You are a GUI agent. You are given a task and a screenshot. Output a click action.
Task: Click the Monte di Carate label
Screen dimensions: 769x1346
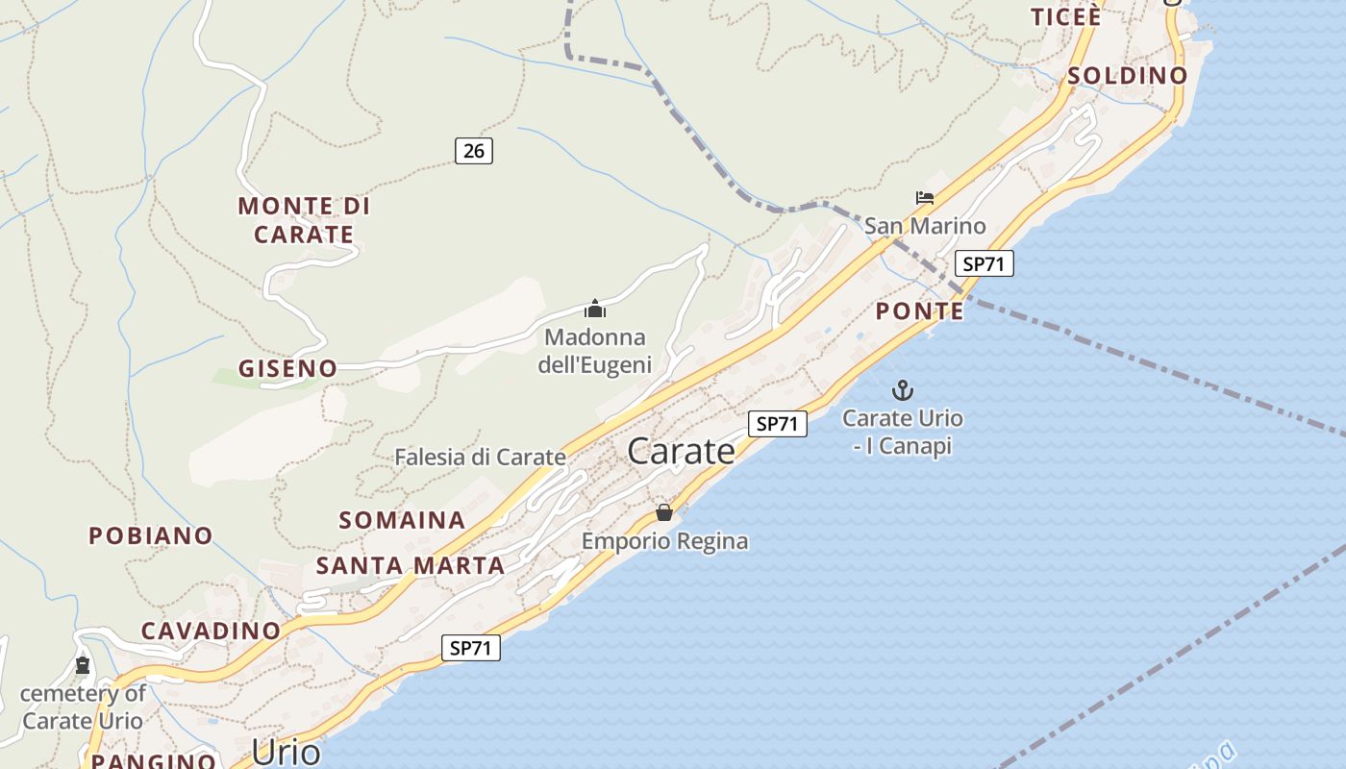304,220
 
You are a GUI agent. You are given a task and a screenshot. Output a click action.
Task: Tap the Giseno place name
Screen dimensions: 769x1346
288,368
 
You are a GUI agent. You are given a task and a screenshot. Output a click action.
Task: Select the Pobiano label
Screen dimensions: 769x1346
151,535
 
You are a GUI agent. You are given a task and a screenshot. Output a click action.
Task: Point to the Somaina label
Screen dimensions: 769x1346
402,520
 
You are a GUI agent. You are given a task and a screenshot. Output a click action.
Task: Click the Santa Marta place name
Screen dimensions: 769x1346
411,566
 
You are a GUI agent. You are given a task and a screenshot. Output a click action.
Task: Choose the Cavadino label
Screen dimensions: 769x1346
211,631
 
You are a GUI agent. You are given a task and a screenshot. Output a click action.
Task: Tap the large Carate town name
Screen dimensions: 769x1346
681,451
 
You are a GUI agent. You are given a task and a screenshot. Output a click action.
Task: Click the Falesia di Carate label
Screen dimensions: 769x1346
480,458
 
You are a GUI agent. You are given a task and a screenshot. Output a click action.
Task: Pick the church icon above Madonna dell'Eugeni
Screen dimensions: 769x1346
595,310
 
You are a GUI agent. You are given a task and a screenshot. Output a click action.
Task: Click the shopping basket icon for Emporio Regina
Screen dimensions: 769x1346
664,512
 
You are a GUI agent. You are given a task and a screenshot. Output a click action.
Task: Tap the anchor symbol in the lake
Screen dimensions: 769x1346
902,390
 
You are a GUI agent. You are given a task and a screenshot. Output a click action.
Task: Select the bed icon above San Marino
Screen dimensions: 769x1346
925,198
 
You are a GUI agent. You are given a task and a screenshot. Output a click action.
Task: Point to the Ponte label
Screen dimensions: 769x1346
920,310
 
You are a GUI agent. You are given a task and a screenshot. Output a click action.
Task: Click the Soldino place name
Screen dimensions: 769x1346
1128,75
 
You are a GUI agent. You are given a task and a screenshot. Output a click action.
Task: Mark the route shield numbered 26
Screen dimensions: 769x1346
473,150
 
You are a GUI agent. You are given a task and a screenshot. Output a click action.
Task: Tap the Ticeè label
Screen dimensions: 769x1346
1065,16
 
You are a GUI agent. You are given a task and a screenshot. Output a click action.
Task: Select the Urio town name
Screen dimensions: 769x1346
286,752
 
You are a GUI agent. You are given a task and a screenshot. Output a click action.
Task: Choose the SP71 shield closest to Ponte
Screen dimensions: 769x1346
985,263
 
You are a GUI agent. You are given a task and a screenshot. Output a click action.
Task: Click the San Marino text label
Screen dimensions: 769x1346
925,226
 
